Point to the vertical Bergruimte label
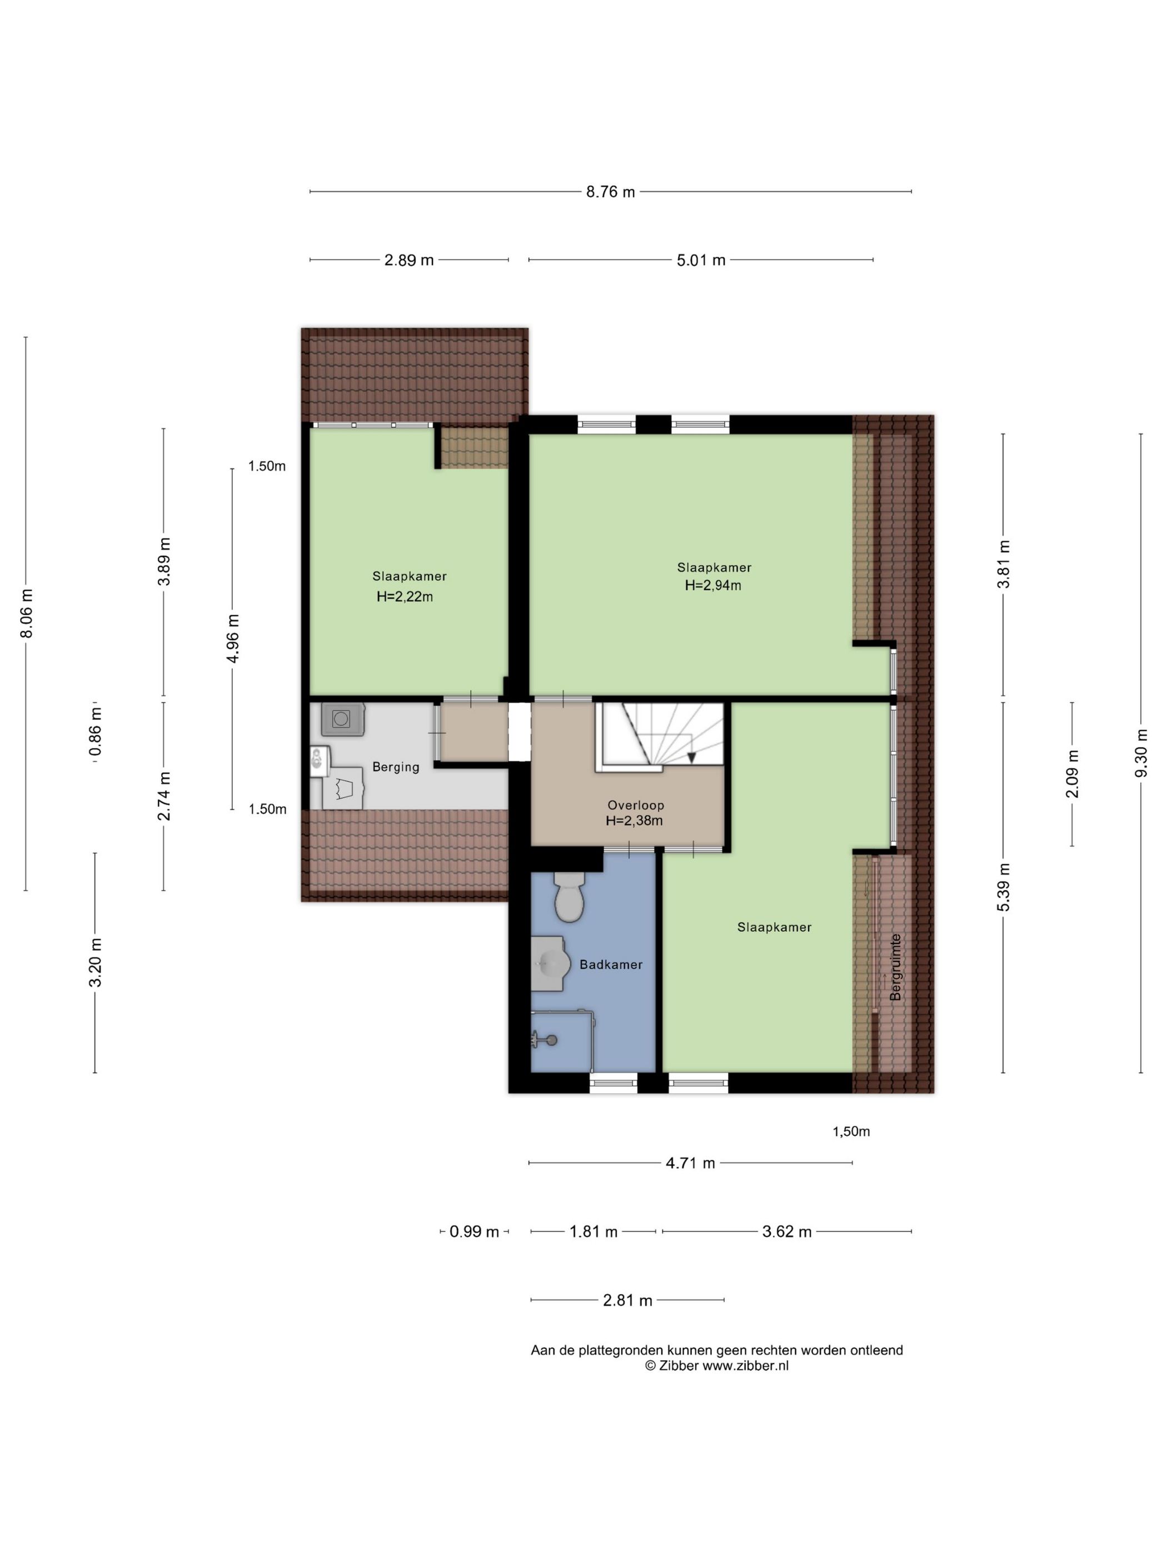895,966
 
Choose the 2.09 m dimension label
1073,774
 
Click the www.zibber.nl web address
746,1365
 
